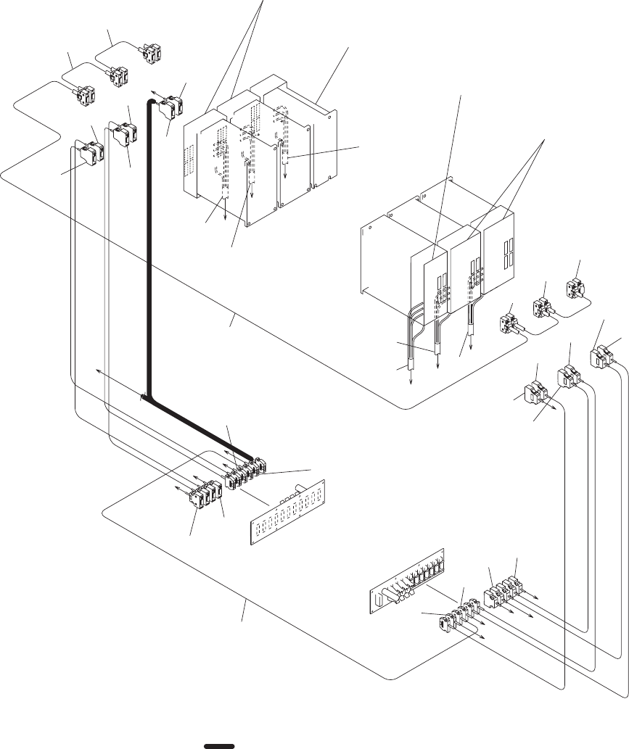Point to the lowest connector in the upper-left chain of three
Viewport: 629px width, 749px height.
(x=86, y=95)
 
